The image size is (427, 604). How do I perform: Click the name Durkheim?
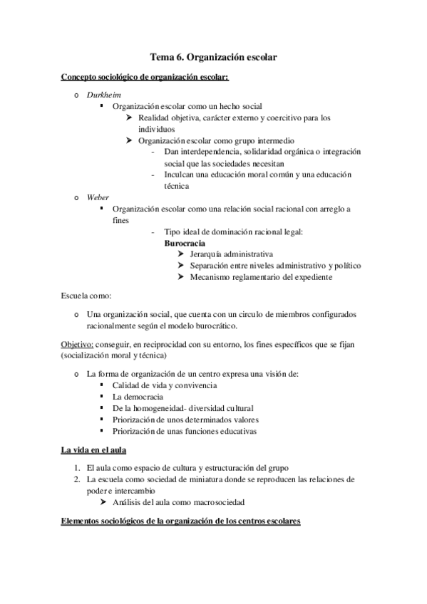pyautogui.click(x=101, y=94)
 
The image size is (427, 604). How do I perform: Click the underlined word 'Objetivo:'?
pyautogui.click(x=76, y=344)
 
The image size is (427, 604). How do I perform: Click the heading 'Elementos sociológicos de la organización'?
pyautogui.click(x=181, y=521)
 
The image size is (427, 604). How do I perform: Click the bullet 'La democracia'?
pyautogui.click(x=138, y=396)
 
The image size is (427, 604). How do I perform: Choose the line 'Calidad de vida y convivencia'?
pyautogui.click(x=165, y=385)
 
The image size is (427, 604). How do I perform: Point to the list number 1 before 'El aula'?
pyautogui.click(x=78, y=468)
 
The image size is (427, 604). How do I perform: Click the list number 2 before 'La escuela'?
pyautogui.click(x=78, y=479)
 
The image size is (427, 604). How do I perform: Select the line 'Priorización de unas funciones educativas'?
pyautogui.click(x=185, y=431)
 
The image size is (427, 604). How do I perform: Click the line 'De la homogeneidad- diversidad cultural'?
pyautogui.click(x=182, y=408)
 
